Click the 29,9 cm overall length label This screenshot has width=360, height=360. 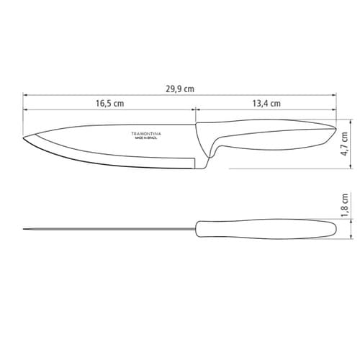point(180,89)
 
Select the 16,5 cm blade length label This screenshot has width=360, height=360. point(109,104)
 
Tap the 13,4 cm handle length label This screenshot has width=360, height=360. point(266,104)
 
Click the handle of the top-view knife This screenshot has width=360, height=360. point(266,230)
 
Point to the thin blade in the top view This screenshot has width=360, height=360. point(108,230)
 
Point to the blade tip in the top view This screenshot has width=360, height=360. point(24,230)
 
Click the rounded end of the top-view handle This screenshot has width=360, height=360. point(334,230)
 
